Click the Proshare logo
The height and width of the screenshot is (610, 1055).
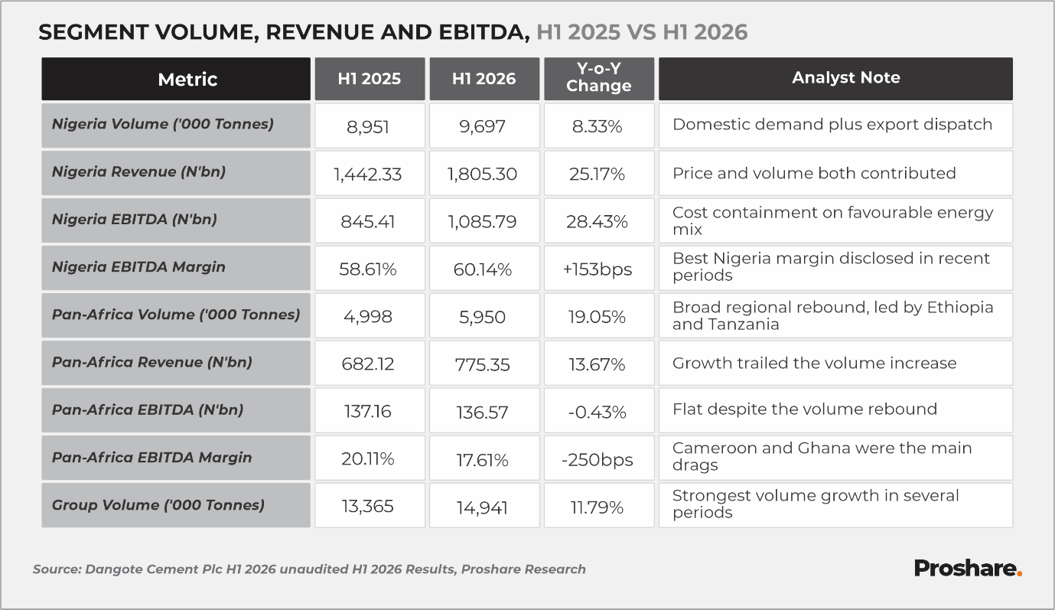968,569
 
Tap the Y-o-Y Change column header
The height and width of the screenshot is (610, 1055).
599,79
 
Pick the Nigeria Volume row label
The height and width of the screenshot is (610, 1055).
162,124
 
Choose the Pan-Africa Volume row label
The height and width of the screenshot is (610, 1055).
176,315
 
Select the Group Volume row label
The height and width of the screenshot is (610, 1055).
158,505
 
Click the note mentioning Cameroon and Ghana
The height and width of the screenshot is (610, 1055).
822,456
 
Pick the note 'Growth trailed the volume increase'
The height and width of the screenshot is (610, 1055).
814,364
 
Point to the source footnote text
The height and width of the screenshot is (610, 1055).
309,569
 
